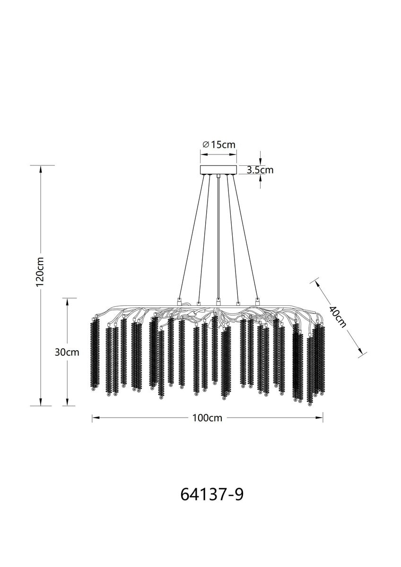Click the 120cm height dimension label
(x=40, y=272)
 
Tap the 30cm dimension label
(x=67, y=352)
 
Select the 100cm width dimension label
(x=207, y=418)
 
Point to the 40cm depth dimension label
(x=338, y=317)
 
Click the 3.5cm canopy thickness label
(x=260, y=170)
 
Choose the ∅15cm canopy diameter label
(x=219, y=145)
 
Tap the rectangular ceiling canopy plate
(x=218, y=170)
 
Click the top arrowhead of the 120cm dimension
(x=40, y=169)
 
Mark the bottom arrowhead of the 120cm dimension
(x=40, y=402)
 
